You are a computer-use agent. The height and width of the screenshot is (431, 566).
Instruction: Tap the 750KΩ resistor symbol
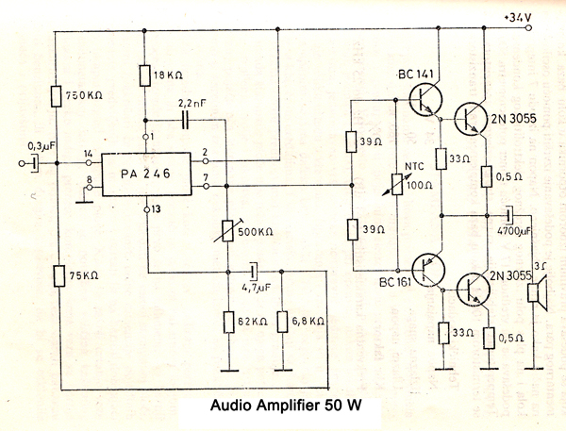57,95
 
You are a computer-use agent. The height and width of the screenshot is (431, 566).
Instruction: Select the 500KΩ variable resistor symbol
227,229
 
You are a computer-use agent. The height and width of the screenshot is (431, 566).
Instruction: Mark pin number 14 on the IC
88,154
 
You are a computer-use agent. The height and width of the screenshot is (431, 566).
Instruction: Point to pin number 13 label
157,209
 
